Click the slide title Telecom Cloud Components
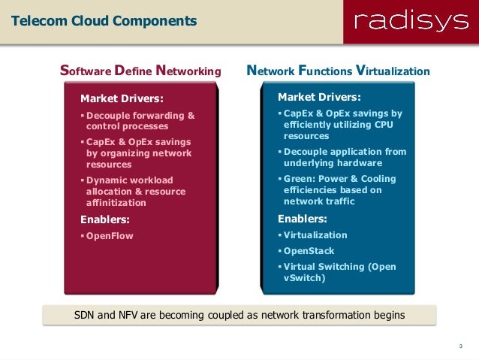coord(104,20)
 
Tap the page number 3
coord(459,346)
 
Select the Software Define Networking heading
coord(140,72)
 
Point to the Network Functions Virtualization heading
coord(339,72)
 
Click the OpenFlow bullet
coord(110,235)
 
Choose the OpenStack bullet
coord(309,251)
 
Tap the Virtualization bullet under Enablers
coord(315,235)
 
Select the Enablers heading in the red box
coord(105,219)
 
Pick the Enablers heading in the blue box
coord(303,219)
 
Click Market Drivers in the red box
coord(122,98)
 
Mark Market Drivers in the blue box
coord(319,98)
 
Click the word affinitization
coord(116,203)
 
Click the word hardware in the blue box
coord(355,163)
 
